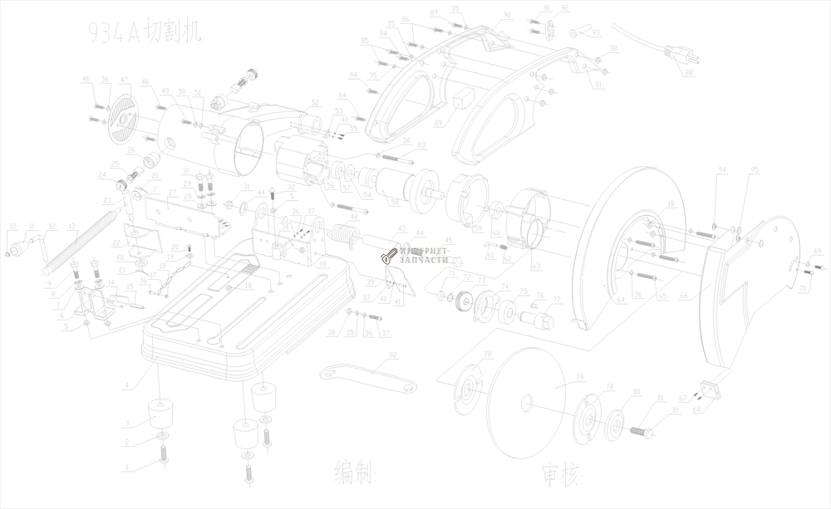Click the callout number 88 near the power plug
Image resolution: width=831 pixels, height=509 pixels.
pyautogui.click(x=690, y=73)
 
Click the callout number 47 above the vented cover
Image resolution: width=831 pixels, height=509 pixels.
pyautogui.click(x=125, y=80)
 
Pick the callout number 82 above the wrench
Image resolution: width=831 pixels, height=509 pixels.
pyautogui.click(x=393, y=355)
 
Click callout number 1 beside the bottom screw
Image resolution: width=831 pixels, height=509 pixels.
pyautogui.click(x=126, y=469)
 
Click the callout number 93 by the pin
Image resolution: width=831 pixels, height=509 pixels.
pyautogui.click(x=595, y=32)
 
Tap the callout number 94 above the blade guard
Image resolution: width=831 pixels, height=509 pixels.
pyautogui.click(x=722, y=170)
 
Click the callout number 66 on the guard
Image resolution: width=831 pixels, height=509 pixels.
pyautogui.click(x=683, y=296)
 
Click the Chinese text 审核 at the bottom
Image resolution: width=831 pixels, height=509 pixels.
pyautogui.click(x=563, y=474)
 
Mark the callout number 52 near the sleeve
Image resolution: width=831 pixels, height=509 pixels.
pyautogui.click(x=316, y=103)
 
